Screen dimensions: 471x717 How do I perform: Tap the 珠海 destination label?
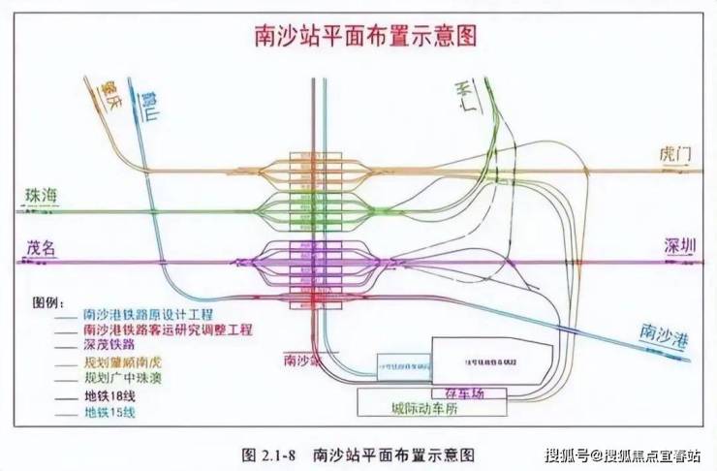pos(42,196)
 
